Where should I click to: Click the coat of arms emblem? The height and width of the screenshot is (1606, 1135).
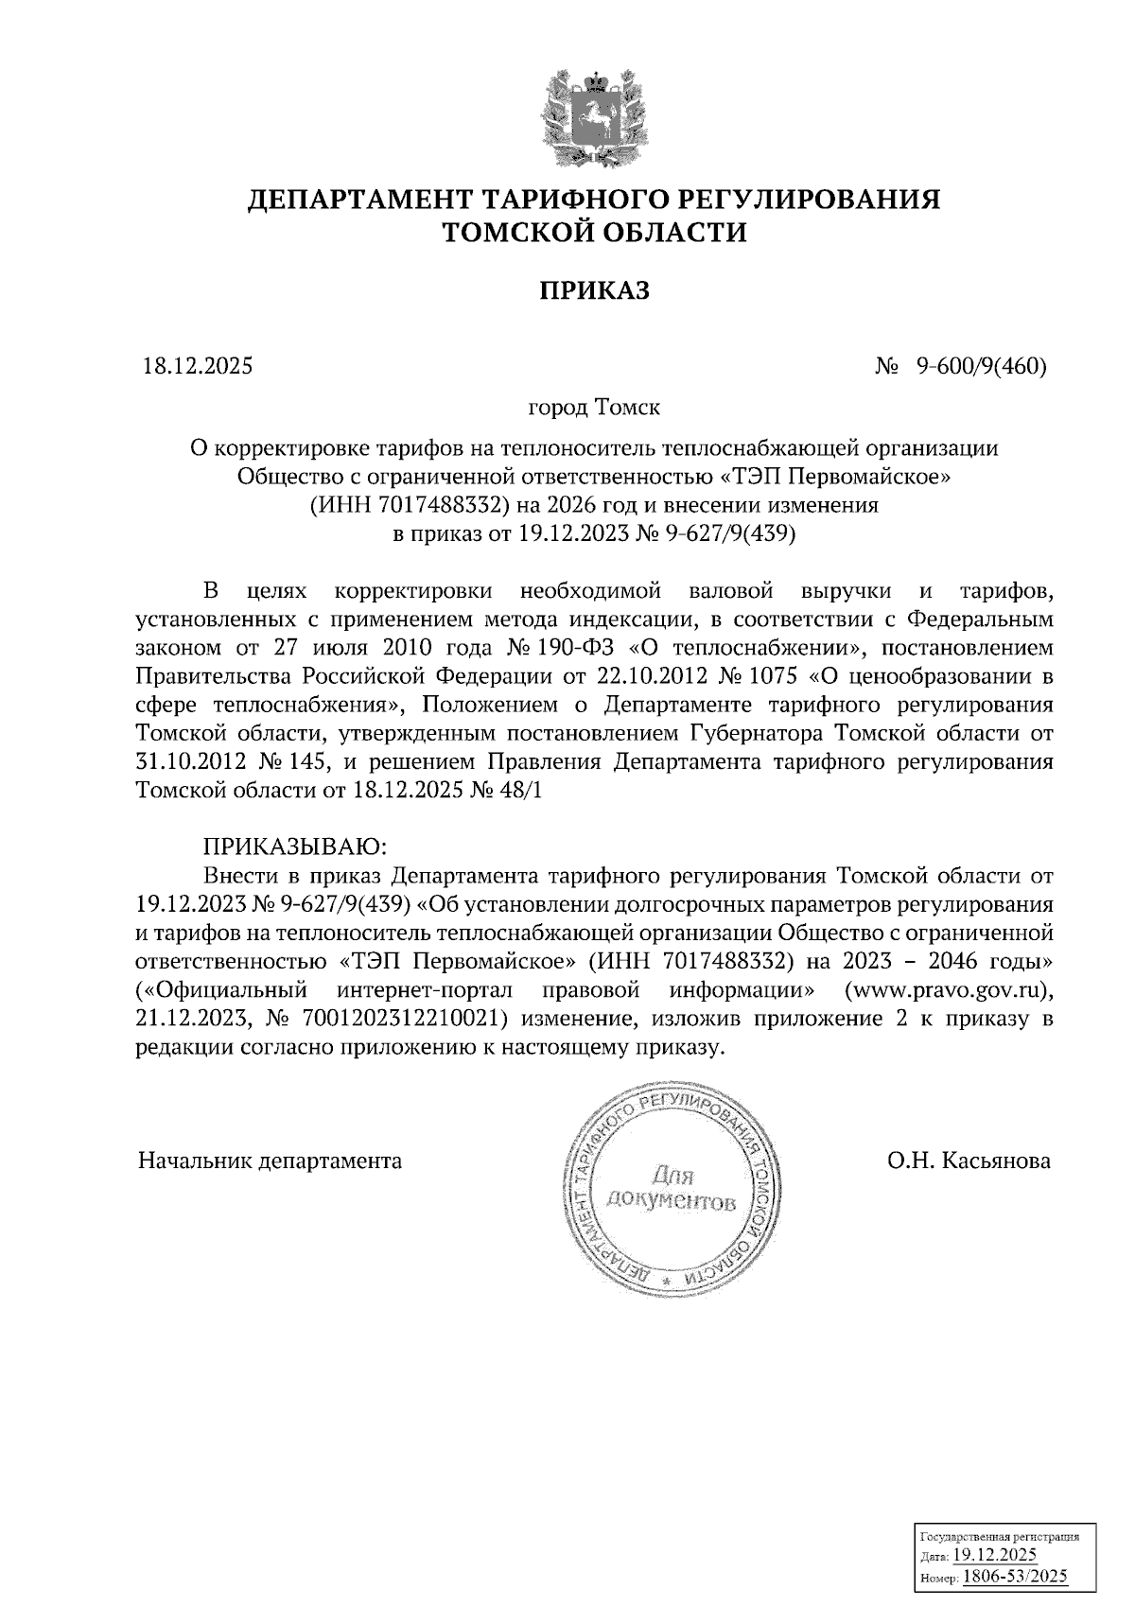594,115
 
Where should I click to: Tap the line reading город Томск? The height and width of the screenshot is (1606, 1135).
594,409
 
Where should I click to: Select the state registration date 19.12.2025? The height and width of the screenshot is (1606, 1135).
994,1556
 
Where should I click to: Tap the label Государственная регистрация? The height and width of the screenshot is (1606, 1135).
1000,1538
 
